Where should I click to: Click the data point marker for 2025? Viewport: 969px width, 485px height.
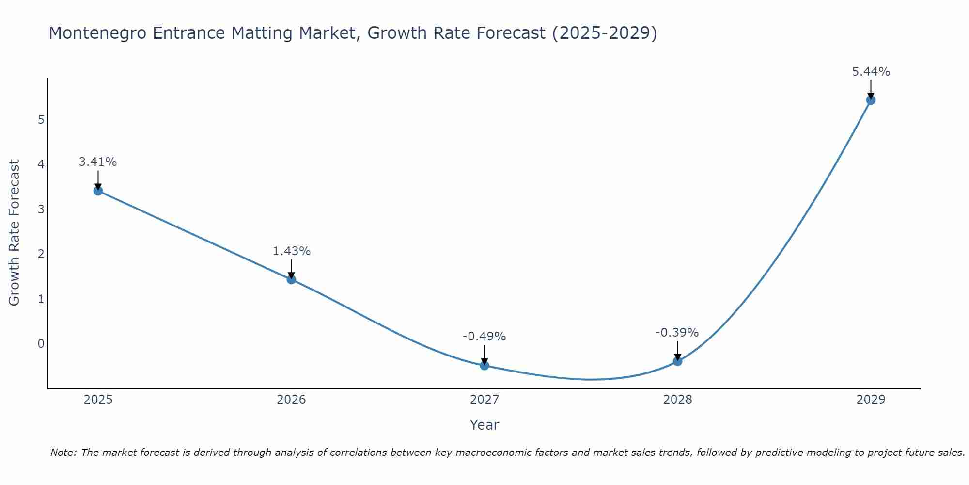point(98,191)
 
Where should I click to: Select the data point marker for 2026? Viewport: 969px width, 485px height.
point(291,279)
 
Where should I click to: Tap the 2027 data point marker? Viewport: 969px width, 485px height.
point(484,365)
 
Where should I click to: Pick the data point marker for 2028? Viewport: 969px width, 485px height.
point(677,361)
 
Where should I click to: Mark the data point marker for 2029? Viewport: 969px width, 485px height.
point(871,100)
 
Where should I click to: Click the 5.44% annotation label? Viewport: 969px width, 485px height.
point(871,72)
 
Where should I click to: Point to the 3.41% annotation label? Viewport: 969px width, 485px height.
point(98,162)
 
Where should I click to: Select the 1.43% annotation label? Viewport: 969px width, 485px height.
point(291,251)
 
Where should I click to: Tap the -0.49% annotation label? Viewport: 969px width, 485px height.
point(484,337)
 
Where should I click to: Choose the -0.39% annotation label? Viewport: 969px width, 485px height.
point(677,333)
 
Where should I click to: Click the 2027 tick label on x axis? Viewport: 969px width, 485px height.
point(484,400)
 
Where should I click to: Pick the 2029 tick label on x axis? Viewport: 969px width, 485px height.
point(871,400)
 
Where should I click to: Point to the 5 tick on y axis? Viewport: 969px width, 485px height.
point(41,119)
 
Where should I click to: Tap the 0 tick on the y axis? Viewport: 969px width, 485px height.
point(41,344)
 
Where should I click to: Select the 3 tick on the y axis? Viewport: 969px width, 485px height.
point(41,209)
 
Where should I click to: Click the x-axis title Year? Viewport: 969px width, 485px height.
point(484,425)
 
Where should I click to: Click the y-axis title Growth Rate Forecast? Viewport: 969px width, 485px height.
point(15,233)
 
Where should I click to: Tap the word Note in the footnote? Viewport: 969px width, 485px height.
point(63,453)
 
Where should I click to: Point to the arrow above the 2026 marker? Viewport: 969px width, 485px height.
point(291,269)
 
